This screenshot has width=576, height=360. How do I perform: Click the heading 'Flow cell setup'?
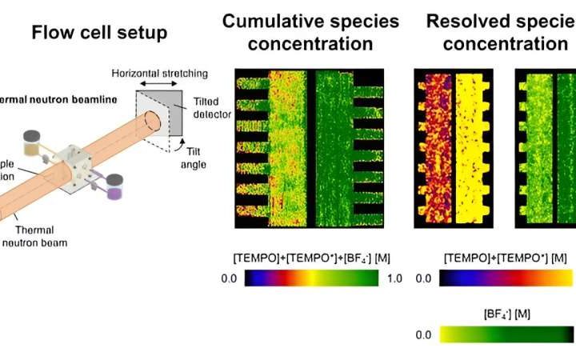[98, 33]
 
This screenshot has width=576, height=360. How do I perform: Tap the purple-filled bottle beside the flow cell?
[115, 188]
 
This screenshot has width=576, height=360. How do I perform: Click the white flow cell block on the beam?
[78, 162]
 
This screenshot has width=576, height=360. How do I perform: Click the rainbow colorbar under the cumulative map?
[311, 278]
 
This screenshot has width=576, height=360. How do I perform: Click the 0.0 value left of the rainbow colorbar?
[230, 278]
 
